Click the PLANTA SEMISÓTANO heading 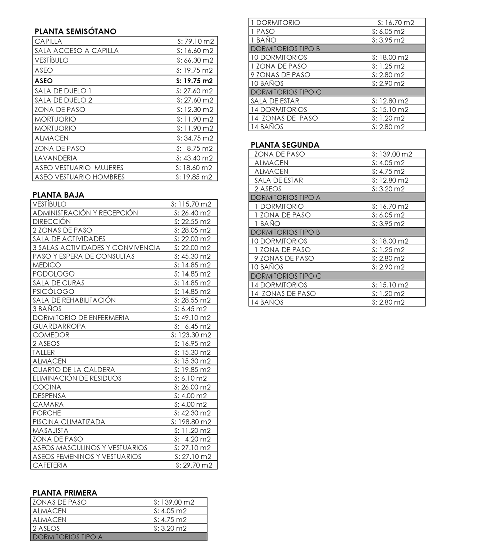click(75, 31)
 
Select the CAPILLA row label click(49, 41)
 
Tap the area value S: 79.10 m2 click(195, 41)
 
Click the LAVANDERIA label click(56, 158)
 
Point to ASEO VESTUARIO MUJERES click(79, 168)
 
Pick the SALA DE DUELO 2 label click(64, 100)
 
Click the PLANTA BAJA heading click(58, 195)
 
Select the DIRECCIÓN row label click(52, 221)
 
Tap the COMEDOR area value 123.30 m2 click(191, 335)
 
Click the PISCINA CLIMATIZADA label click(69, 422)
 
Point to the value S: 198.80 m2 click(191, 422)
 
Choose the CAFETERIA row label click(50, 465)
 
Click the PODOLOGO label click(53, 274)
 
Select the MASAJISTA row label click(50, 430)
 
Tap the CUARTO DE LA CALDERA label click(74, 370)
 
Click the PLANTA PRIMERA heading click(65, 493)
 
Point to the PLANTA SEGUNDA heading click(285, 145)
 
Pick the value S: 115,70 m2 click(191, 204)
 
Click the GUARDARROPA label click(59, 326)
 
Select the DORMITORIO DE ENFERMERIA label click(81, 318)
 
